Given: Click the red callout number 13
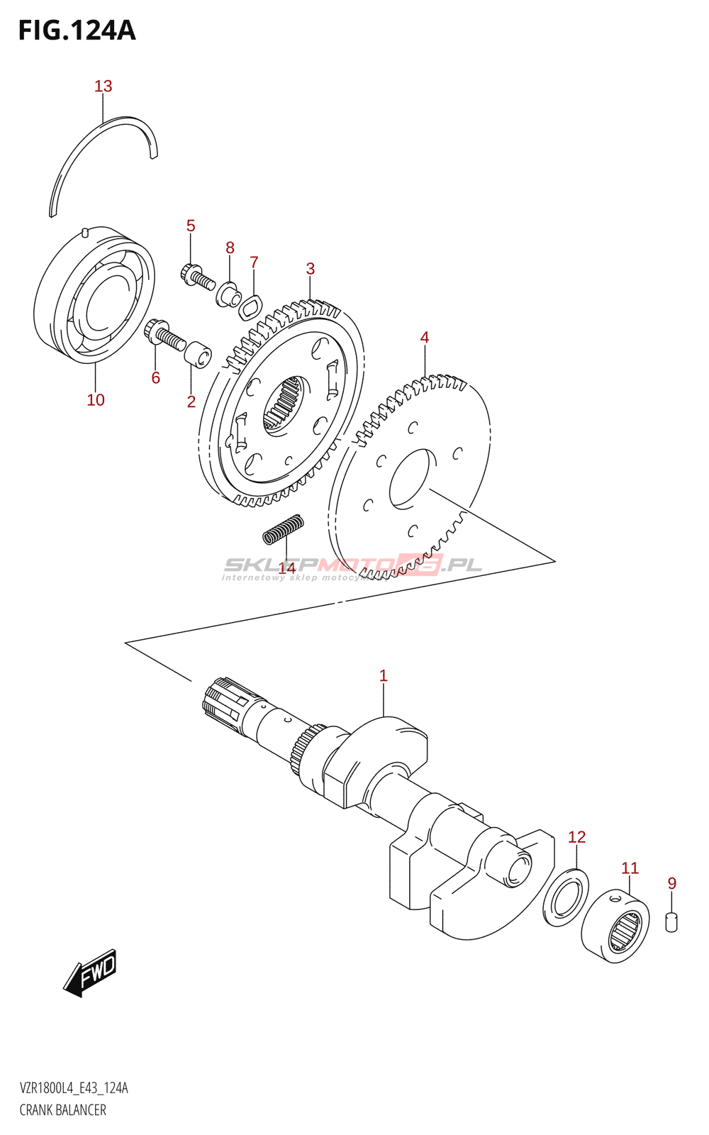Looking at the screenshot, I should coord(104,87).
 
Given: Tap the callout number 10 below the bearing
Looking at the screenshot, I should coord(96,400).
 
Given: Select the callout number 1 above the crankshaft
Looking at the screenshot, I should coord(384,676).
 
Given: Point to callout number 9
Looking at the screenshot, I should coord(672,883).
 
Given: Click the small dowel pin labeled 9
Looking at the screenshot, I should coord(671,922).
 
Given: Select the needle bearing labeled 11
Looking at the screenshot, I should coord(615,926).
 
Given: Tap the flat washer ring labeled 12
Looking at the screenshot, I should coord(566,897).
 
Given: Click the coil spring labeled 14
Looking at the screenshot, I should coord(284,529).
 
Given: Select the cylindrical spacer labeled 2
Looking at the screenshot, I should coord(198,353).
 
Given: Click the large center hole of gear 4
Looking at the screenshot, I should coord(411,479).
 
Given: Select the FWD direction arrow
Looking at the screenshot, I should coord(90,972).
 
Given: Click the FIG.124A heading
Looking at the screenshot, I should coord(76,31).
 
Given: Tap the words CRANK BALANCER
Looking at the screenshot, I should coord(63,1110).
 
